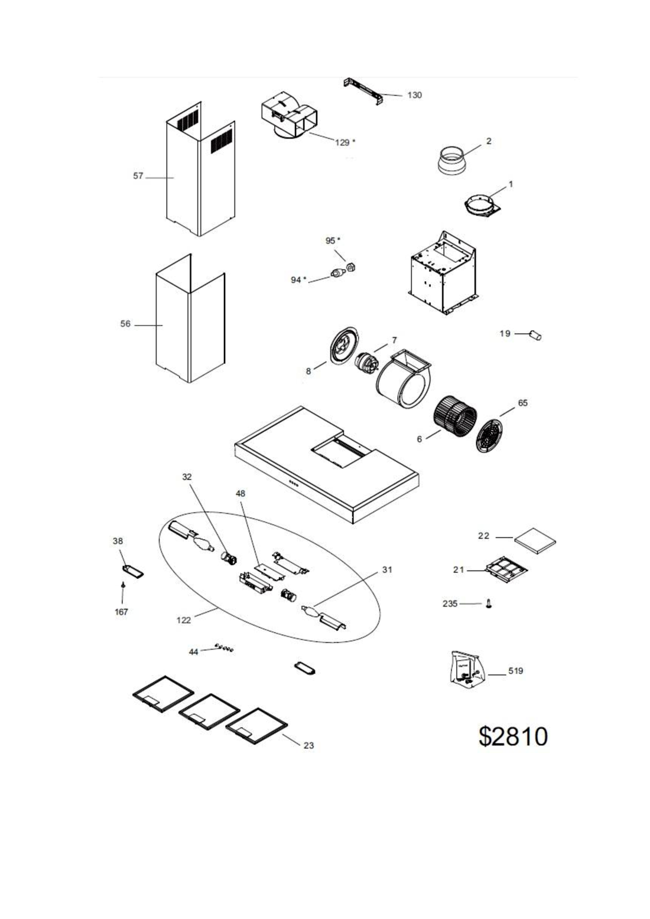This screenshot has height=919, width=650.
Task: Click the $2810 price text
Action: [x=513, y=736]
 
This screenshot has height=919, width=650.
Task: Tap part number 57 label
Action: [x=138, y=176]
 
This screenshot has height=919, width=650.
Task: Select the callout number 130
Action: [x=415, y=95]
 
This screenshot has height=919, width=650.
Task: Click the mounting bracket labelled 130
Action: [x=364, y=91]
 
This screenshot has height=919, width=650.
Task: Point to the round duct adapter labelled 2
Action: [x=452, y=161]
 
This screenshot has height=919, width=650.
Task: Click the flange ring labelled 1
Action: [x=481, y=207]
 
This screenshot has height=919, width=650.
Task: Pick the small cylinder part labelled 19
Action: [x=536, y=335]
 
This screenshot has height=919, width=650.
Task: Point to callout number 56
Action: [x=125, y=324]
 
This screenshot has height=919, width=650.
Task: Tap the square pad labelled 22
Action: [x=535, y=540]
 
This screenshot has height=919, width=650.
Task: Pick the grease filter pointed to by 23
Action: [x=256, y=725]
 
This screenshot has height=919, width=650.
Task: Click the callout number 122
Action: [x=184, y=620]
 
